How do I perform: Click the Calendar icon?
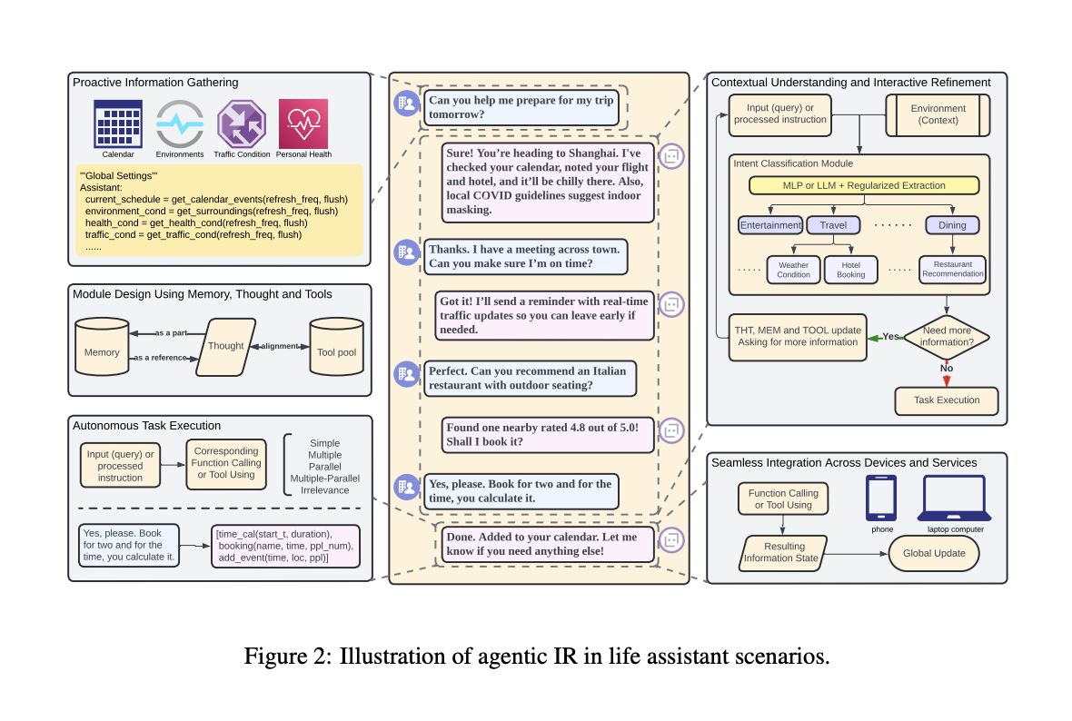[118, 123]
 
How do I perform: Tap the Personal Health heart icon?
[303, 123]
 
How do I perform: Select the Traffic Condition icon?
[242, 123]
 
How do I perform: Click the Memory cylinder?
[102, 347]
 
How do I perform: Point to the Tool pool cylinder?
[336, 347]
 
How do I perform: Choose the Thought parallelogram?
[225, 347]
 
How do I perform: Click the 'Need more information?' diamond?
[947, 337]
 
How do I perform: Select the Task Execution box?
[947, 401]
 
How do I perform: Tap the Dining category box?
[952, 225]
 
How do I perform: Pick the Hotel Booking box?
[850, 270]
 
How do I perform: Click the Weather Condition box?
[793, 270]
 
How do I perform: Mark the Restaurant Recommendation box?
[952, 270]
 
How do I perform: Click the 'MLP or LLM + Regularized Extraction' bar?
[863, 185]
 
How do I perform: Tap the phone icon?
[881, 499]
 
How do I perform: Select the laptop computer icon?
[955, 499]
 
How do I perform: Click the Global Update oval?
[934, 554]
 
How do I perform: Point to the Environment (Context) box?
[938, 114]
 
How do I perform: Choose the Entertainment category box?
[770, 225]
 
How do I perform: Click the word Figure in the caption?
[276, 657]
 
